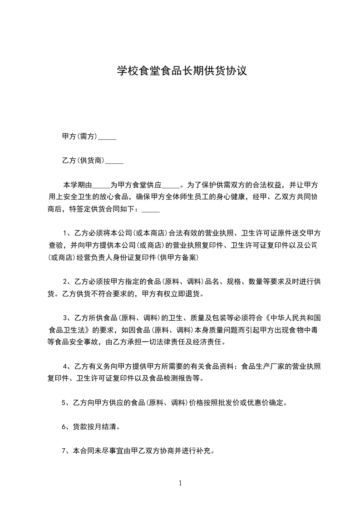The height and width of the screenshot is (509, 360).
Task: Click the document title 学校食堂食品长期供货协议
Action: pyautogui.click(x=182, y=71)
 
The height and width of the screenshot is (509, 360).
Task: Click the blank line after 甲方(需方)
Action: pyautogui.click(x=107, y=137)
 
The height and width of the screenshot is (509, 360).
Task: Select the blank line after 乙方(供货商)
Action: pyautogui.click(x=114, y=161)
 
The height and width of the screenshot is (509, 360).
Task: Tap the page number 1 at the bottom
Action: pyautogui.click(x=180, y=483)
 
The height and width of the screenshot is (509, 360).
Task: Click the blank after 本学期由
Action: pyautogui.click(x=101, y=185)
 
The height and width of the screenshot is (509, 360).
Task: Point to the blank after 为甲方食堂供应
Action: pyautogui.click(x=171, y=185)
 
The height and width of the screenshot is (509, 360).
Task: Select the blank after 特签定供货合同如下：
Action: pyautogui.click(x=151, y=210)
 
